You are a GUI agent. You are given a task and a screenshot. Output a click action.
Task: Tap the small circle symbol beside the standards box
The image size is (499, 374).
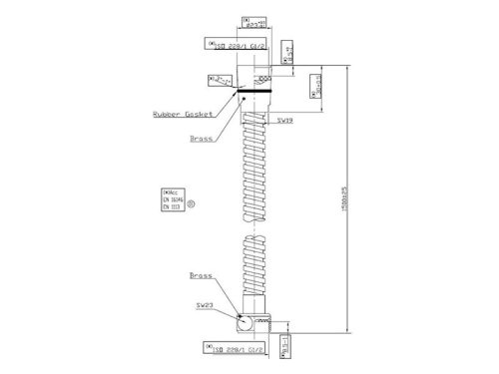click(192, 204)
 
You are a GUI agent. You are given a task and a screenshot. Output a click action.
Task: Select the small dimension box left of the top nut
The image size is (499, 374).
click(221, 78)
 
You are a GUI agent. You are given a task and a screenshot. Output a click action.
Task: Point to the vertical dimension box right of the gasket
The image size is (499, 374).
click(286, 84)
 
